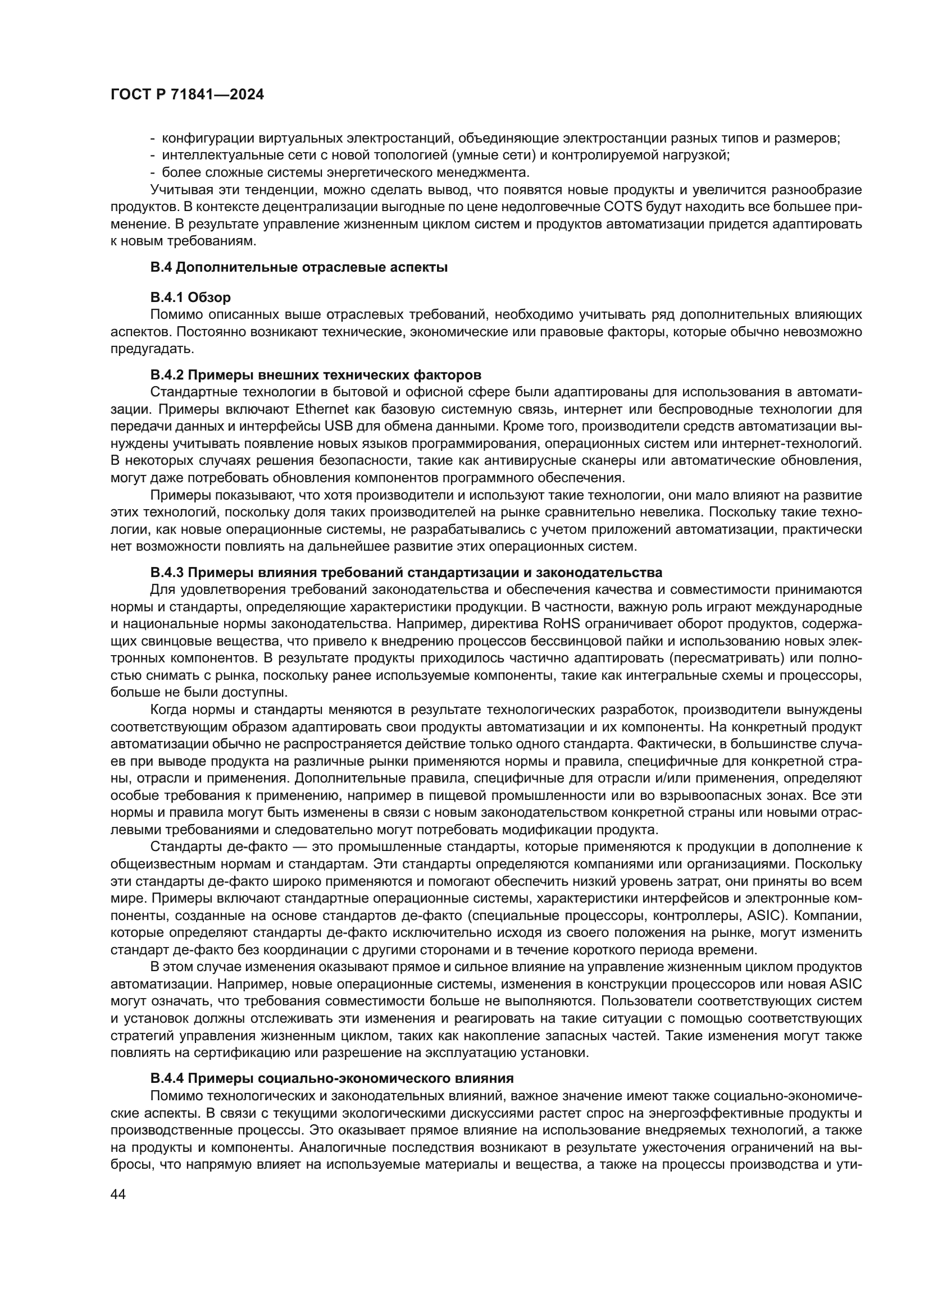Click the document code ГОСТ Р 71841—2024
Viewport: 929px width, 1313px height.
187,95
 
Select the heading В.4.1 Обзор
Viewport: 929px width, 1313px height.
190,298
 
